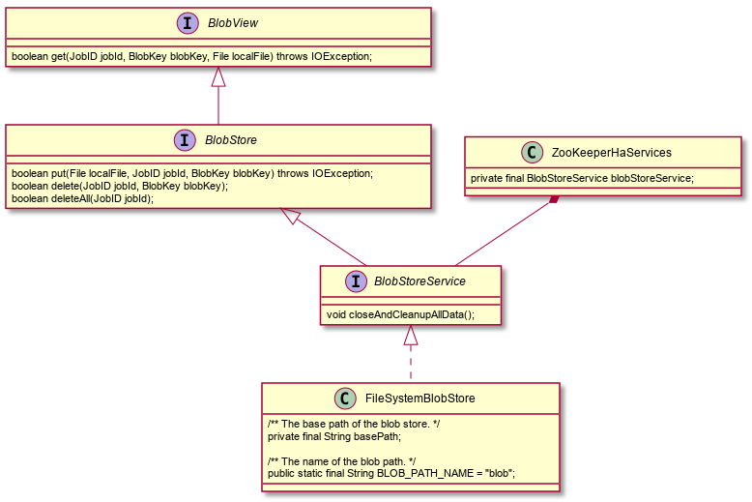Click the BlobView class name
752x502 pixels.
(x=232, y=23)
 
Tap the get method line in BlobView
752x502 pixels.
(x=191, y=56)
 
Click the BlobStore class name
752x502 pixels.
(x=231, y=140)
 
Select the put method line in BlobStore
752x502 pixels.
(x=191, y=173)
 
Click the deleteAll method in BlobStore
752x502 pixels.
(x=82, y=198)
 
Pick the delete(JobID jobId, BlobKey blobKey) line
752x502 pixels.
(x=120, y=186)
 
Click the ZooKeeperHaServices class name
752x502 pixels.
(x=611, y=152)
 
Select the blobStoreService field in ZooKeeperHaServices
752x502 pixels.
(x=582, y=178)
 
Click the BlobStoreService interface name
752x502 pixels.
(x=419, y=281)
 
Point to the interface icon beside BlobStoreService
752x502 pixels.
(x=356, y=281)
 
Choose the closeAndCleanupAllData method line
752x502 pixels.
(x=400, y=314)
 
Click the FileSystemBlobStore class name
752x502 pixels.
(x=419, y=398)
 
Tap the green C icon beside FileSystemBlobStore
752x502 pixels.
(x=344, y=398)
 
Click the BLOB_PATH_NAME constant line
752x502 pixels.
(x=390, y=473)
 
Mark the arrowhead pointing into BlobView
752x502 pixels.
(x=218, y=76)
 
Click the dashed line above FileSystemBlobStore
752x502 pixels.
(x=411, y=363)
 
